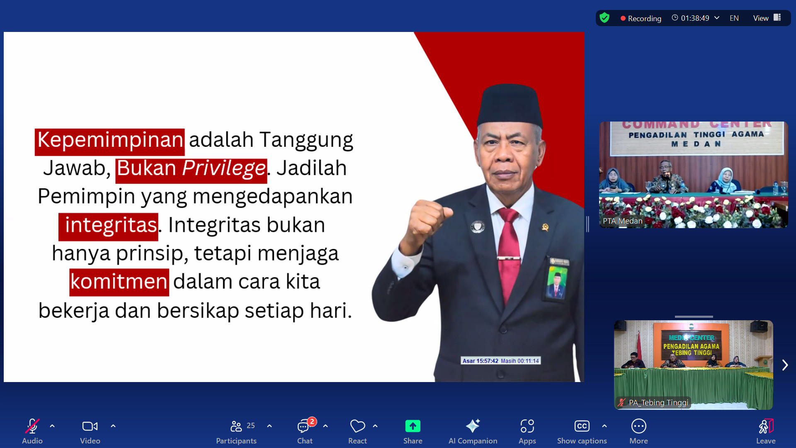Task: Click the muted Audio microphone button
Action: tap(32, 426)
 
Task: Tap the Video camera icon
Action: tap(90, 426)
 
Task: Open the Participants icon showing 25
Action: tap(236, 426)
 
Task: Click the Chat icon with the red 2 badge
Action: tap(304, 426)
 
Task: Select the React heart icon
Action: tap(357, 426)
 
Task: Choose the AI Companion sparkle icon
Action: tap(473, 426)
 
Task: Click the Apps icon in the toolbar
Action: tap(527, 426)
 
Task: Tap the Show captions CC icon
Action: tap(582, 426)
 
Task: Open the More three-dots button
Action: tap(638, 426)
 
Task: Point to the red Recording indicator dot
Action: tap(623, 19)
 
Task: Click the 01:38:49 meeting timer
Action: tap(695, 18)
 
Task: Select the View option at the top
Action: tap(761, 18)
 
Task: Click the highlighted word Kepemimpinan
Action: tap(110, 140)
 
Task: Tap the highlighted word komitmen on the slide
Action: tap(119, 282)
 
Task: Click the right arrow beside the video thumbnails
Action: tap(785, 365)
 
